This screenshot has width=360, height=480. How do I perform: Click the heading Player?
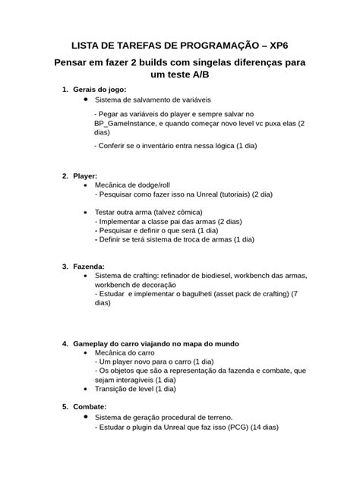click(86, 175)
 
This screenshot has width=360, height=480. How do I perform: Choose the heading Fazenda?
click(90, 267)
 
